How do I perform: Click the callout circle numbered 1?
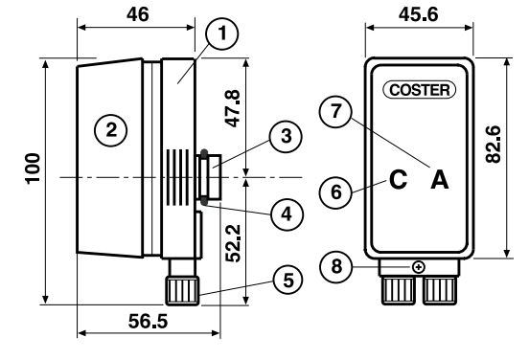point(222,34)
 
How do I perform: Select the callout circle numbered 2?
point(111,130)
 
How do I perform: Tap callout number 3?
point(286,137)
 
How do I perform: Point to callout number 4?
point(287,214)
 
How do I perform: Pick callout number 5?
point(288,281)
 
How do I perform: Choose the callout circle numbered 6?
point(336,192)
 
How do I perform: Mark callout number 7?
point(335,111)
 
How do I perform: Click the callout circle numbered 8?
point(336,266)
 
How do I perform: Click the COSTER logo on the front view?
point(420,90)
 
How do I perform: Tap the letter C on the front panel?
point(398,179)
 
